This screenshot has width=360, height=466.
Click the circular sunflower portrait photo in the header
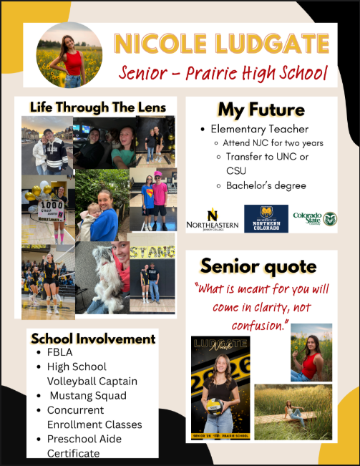coord(69,54)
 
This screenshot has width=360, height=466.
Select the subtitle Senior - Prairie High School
coord(223,73)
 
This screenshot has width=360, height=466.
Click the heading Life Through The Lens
coord(97,107)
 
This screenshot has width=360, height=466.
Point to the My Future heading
coord(261,110)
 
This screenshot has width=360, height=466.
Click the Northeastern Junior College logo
coord(213,219)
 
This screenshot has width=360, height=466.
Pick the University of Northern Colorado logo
coord(266,219)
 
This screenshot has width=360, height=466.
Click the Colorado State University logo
coord(314,219)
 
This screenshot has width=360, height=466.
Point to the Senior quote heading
coord(258,266)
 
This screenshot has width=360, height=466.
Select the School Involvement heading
coord(93,339)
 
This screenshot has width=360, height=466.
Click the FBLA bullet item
coord(59,353)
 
